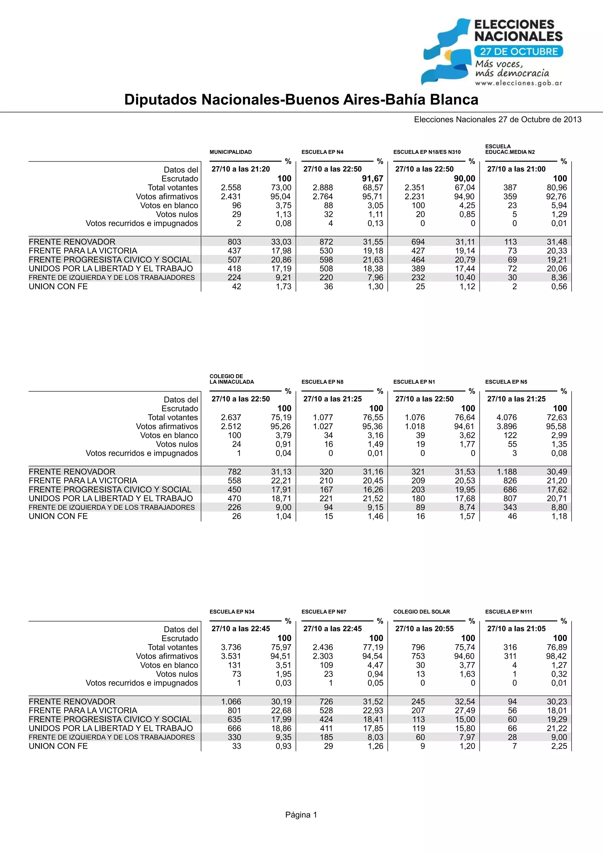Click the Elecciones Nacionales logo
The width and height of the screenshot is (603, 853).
point(492,52)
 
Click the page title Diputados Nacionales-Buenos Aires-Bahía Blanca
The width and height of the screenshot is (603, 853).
point(301,99)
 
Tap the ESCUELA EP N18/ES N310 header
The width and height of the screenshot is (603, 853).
point(427,152)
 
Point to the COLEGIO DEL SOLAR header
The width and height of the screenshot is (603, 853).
point(421,612)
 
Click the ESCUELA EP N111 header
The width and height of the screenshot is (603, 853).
point(508,612)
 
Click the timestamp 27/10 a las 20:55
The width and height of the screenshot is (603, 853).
point(424,629)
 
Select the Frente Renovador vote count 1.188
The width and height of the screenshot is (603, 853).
point(507,472)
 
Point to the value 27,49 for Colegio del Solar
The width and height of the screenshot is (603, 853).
point(465,710)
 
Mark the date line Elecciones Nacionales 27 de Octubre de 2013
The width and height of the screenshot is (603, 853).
point(498,120)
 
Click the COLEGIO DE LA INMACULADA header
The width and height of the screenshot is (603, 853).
point(231,379)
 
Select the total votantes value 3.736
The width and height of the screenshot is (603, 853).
point(231,647)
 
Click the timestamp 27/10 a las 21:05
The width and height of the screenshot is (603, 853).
point(516,629)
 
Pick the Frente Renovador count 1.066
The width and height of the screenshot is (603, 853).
point(231,701)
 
